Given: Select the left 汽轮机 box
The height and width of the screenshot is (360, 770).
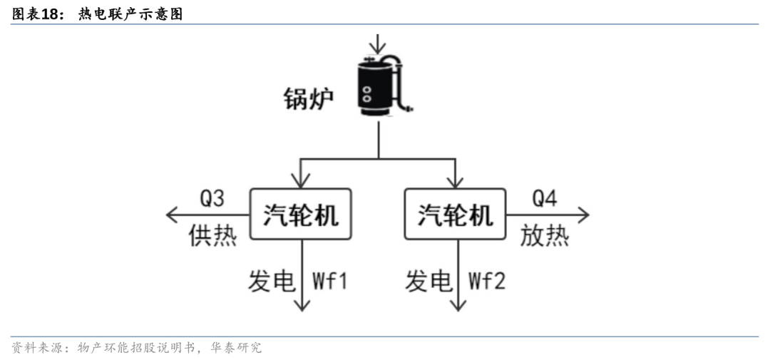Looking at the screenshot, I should pos(300,214).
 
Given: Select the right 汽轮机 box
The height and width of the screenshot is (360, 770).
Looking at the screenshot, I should pos(454,214).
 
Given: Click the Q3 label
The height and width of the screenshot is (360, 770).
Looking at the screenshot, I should pos(212,198).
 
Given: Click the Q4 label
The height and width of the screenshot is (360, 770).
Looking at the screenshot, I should pos(544,198).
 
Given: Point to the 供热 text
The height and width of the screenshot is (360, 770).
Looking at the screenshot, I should pos(212,235).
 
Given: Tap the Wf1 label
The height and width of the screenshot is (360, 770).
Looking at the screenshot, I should pos(329,281).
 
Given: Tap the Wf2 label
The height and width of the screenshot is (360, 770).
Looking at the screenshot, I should pos(486,281).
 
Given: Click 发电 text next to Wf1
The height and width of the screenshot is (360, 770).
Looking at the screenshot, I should pos(272,281).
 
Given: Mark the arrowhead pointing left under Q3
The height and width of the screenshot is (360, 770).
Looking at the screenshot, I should pos(171,214).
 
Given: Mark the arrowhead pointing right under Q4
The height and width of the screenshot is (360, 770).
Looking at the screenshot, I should pos(584,214).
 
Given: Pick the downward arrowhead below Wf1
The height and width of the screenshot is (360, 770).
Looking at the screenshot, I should pos(302,304).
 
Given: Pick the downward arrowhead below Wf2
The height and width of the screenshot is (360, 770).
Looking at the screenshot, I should pos(458,304).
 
